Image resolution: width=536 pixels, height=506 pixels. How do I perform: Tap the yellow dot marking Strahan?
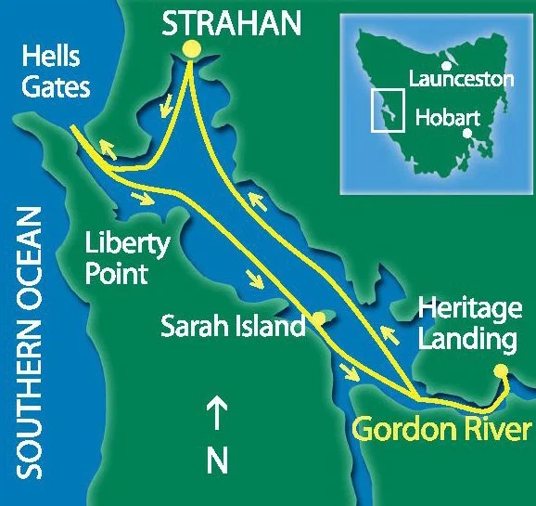[190, 49]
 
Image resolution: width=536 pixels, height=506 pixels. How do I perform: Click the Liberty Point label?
[127, 260]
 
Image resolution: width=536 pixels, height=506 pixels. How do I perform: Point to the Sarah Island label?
[233, 327]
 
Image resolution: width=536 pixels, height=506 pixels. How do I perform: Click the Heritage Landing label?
[466, 324]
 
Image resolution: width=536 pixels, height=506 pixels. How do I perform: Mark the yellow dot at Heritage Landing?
[501, 371]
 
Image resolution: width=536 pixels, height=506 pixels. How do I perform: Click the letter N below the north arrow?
[217, 460]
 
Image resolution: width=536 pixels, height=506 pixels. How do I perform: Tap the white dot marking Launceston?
[447, 66]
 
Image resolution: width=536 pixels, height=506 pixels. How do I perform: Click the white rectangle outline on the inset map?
[388, 110]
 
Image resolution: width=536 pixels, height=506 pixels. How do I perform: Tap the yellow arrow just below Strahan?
[167, 109]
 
